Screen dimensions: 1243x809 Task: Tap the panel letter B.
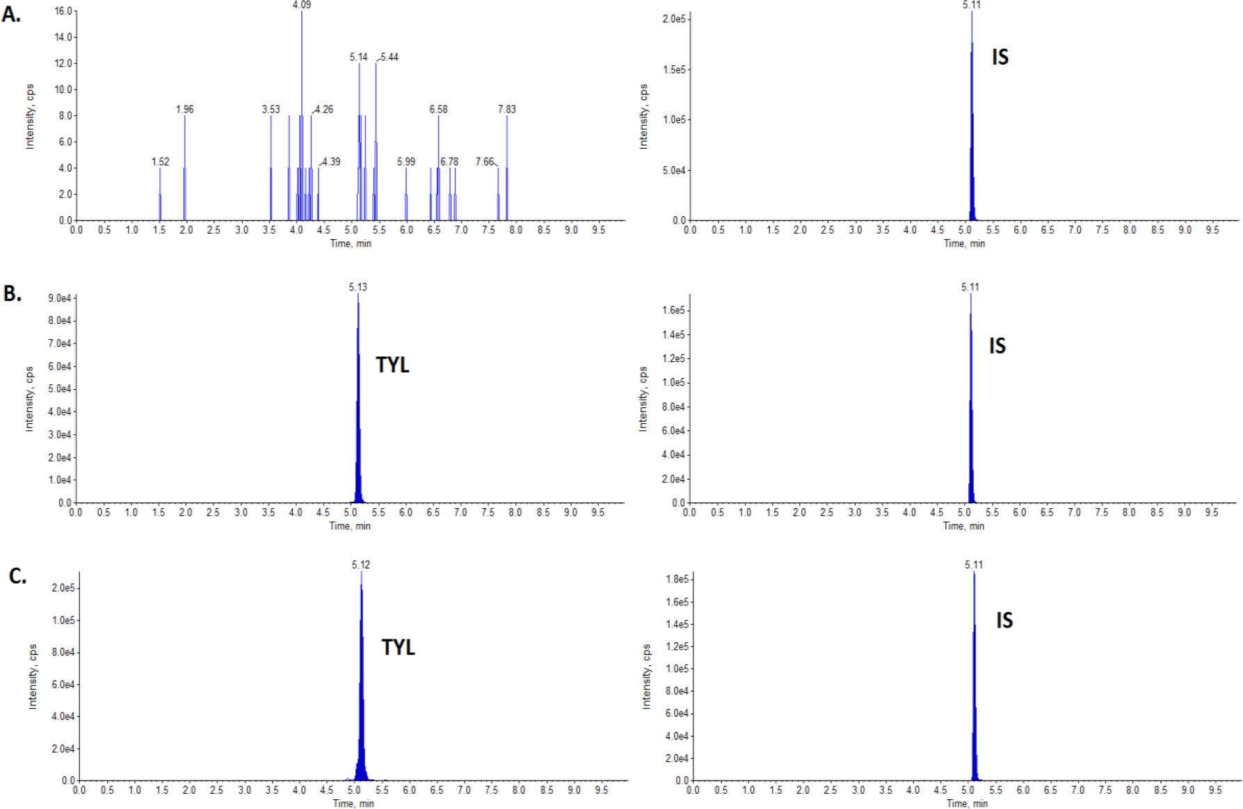coord(12,293)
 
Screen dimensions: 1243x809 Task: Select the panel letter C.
coord(17,576)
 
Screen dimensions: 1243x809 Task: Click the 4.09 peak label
coord(302,5)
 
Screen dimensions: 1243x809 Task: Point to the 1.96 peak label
coord(185,109)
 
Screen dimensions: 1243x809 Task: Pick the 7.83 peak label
coord(507,109)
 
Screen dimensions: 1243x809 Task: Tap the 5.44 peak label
coord(389,57)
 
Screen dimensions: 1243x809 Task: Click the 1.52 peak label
coord(161,162)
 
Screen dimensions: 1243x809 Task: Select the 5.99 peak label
coord(406,162)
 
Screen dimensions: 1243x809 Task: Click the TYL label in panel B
coord(393,365)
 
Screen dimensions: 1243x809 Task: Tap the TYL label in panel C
coord(399,647)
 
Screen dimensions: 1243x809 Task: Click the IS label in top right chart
coord(1000,57)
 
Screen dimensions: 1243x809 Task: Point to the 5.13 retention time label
coord(358,287)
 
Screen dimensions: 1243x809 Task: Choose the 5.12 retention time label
coord(361,565)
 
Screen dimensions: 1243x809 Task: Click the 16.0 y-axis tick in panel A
coord(63,11)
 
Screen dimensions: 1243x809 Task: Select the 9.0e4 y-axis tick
coord(58,298)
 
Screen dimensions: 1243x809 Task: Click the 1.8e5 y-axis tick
coord(676,579)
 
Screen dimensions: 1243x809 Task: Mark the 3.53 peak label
coord(271,109)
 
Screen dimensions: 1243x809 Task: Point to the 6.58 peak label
coord(439,109)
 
